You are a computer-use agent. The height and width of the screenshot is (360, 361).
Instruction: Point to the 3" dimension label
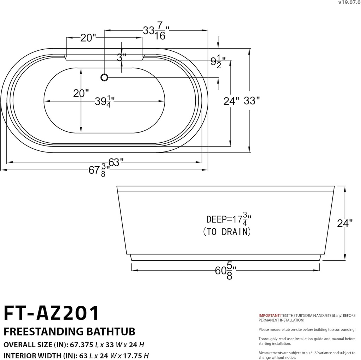122,58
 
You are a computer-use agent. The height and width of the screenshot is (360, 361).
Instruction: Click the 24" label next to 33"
231,101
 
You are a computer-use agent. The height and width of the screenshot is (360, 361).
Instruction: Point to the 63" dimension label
116,162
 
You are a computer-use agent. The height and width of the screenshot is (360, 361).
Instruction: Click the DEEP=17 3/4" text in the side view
229,220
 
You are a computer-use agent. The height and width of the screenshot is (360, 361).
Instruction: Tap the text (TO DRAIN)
227,231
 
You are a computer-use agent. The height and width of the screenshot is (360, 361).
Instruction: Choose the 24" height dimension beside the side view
345,223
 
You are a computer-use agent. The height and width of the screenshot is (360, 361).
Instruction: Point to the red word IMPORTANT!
269,315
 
